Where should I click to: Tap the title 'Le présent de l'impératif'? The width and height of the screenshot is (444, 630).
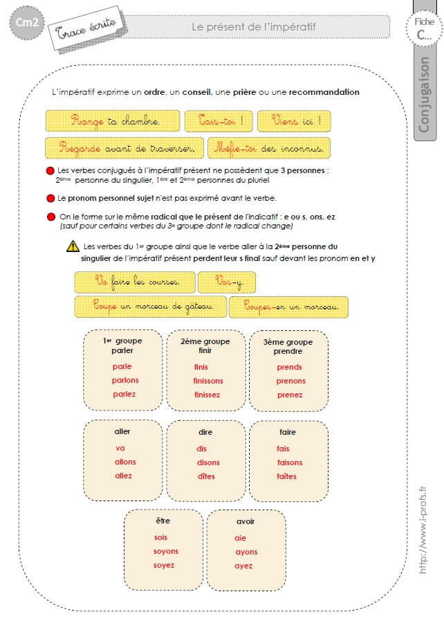pos(253,27)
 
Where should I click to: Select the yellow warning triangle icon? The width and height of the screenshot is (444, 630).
pos(72,246)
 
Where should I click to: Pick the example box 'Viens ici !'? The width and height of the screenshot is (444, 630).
pos(293,121)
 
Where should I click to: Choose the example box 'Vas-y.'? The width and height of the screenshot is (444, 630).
pos(227,282)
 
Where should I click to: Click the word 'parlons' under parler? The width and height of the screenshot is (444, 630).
pos(125,380)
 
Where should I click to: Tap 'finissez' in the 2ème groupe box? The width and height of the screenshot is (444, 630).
pos(207,395)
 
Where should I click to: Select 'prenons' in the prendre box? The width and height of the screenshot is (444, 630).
pos(290,381)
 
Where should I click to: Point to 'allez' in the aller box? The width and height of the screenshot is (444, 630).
pos(124,476)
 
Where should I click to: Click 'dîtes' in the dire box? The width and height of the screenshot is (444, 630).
pos(206,476)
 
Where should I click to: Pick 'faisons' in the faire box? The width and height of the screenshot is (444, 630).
pos(290,462)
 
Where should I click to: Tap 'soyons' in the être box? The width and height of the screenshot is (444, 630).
pos(166,551)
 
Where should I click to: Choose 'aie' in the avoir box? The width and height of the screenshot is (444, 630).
pos(241,538)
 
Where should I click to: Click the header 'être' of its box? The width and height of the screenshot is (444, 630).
pos(163,519)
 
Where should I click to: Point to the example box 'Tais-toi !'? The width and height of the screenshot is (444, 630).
pos(219,121)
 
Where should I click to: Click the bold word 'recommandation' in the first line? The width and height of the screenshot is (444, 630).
pos(324,91)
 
